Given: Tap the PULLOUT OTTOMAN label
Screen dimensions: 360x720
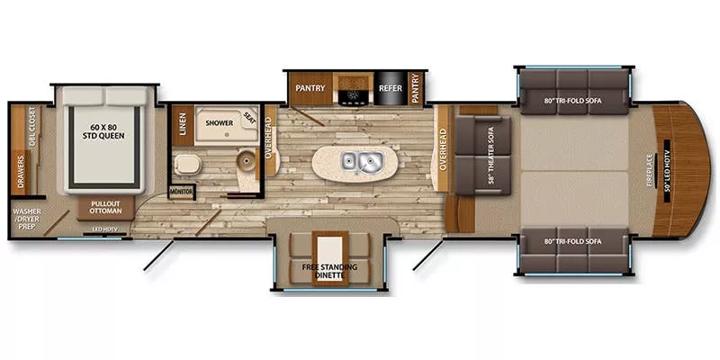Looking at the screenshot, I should coord(105,208).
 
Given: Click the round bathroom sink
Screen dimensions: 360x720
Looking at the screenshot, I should coord(243,162).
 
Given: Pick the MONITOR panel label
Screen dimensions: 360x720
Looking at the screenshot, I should coord(182,192).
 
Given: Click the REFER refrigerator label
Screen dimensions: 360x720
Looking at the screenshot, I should coord(390,89).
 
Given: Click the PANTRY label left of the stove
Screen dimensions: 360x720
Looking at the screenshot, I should coord(310,88).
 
